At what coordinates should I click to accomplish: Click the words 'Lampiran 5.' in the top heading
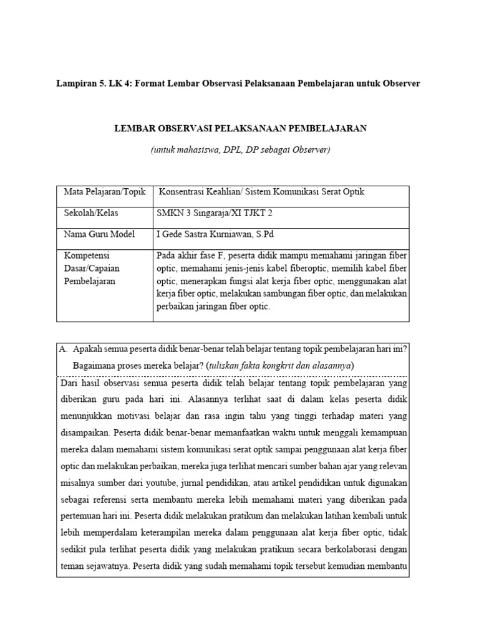(x=77, y=83)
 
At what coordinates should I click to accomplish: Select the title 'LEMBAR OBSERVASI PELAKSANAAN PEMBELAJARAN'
(x=240, y=128)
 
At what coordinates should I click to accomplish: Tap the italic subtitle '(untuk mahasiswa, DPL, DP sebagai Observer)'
(x=240, y=150)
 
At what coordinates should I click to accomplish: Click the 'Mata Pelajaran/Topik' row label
(x=105, y=192)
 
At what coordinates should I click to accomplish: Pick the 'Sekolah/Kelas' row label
(x=91, y=213)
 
